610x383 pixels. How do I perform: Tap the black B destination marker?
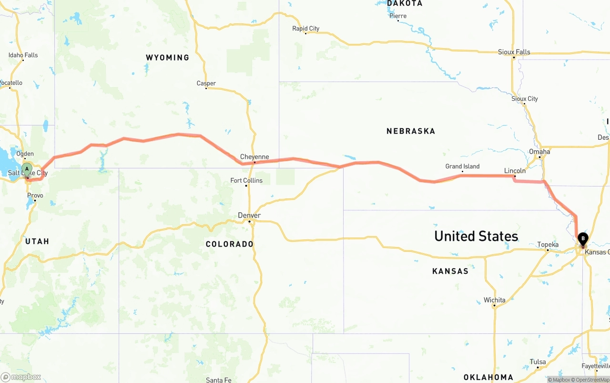(x=583, y=238)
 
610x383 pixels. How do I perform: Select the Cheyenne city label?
(x=254, y=157)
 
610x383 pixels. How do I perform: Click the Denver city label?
(x=249, y=216)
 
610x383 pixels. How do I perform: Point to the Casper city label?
(x=206, y=83)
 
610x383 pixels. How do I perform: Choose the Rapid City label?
(x=306, y=29)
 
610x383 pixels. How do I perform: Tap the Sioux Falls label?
(x=514, y=52)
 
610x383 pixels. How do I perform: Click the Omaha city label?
(x=539, y=152)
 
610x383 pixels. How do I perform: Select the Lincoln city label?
(x=515, y=171)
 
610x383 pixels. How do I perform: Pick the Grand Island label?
(x=462, y=166)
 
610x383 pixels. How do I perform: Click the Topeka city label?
(x=548, y=245)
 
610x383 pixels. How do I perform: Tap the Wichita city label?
(x=494, y=300)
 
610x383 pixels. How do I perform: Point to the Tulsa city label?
(x=538, y=362)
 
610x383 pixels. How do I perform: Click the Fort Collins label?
(x=246, y=180)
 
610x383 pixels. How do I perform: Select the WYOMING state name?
(x=167, y=58)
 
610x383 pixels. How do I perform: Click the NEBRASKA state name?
(x=411, y=131)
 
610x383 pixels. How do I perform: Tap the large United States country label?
(x=476, y=236)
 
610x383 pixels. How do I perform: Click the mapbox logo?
(x=21, y=377)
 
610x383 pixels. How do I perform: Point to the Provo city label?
(x=35, y=196)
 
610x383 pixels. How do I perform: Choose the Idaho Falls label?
(x=23, y=55)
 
